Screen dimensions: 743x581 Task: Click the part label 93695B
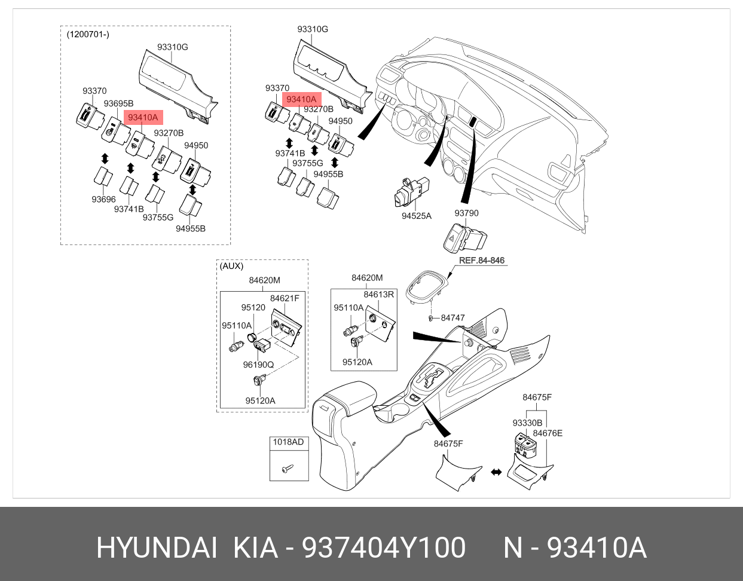(x=118, y=103)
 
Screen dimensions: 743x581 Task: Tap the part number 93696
(x=103, y=199)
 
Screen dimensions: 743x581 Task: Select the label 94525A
(x=417, y=216)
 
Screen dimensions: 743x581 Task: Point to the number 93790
(x=466, y=213)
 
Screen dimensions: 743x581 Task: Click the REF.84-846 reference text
(x=481, y=261)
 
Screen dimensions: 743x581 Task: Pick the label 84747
(x=452, y=318)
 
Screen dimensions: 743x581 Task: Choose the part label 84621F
(x=285, y=298)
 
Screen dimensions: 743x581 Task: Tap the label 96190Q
(x=258, y=365)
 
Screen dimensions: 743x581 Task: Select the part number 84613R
(x=378, y=294)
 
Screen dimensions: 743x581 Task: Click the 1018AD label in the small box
(x=288, y=442)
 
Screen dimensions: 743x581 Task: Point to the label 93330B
(x=527, y=423)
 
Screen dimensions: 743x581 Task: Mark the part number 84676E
(x=548, y=433)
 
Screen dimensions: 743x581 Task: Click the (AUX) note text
(x=231, y=266)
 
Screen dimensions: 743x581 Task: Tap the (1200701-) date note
(x=88, y=34)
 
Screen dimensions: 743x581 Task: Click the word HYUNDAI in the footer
(x=157, y=548)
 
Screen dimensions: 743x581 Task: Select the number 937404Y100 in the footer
(x=384, y=548)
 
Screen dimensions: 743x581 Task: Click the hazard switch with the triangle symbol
(x=464, y=238)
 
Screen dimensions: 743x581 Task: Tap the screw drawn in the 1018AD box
(x=288, y=467)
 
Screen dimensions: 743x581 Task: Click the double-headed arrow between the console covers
(x=496, y=472)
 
